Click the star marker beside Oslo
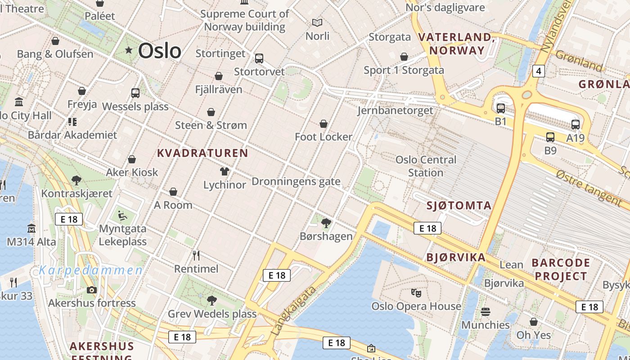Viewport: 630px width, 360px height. click(129, 50)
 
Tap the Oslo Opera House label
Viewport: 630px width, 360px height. click(416, 306)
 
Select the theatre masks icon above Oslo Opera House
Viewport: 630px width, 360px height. click(416, 293)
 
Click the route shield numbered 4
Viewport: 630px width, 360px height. click(538, 71)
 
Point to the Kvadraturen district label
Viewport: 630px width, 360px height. click(202, 153)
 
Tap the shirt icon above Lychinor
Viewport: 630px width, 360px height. click(225, 171)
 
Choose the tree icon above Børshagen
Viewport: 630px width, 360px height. click(326, 223)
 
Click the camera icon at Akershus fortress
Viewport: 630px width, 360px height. click(92, 290)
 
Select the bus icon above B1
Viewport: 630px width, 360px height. click(500, 108)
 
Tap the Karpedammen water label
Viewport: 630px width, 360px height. click(90, 270)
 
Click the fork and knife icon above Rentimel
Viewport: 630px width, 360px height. click(196, 256)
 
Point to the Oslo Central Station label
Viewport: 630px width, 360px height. click(426, 166)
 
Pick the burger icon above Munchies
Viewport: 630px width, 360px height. click(485, 311)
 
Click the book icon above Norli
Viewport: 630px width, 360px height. click(317, 22)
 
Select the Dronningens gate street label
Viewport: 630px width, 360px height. click(296, 182)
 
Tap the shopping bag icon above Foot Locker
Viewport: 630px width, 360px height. click(323, 124)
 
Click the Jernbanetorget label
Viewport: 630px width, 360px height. click(396, 110)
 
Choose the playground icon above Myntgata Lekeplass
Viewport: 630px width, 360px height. click(122, 216)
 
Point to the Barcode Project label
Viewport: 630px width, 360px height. click(561, 269)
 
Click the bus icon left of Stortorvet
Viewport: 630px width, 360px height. click(259, 58)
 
